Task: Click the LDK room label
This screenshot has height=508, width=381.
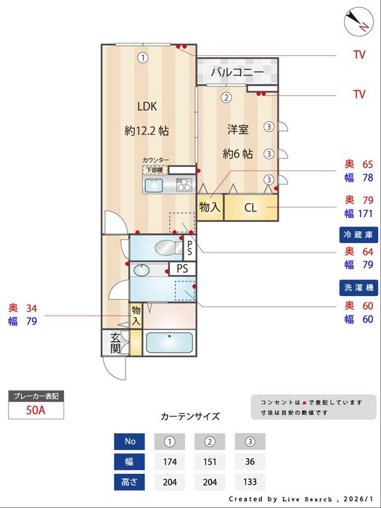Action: [147, 107]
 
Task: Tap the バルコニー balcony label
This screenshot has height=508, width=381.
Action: [237, 73]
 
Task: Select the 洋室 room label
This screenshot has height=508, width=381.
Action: [238, 130]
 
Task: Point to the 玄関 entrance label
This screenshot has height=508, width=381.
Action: [115, 343]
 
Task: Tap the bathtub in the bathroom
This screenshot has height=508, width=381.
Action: [170, 343]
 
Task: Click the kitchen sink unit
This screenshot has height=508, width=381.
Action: [156, 186]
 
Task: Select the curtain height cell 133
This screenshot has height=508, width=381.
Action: [250, 481]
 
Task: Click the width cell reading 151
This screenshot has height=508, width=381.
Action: [210, 461]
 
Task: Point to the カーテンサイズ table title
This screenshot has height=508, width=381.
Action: [189, 417]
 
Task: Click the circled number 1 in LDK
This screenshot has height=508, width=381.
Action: [143, 57]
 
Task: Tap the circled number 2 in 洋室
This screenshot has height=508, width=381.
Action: [226, 97]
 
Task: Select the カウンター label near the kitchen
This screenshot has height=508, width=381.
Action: [156, 160]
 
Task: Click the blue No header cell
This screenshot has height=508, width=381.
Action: [130, 441]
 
